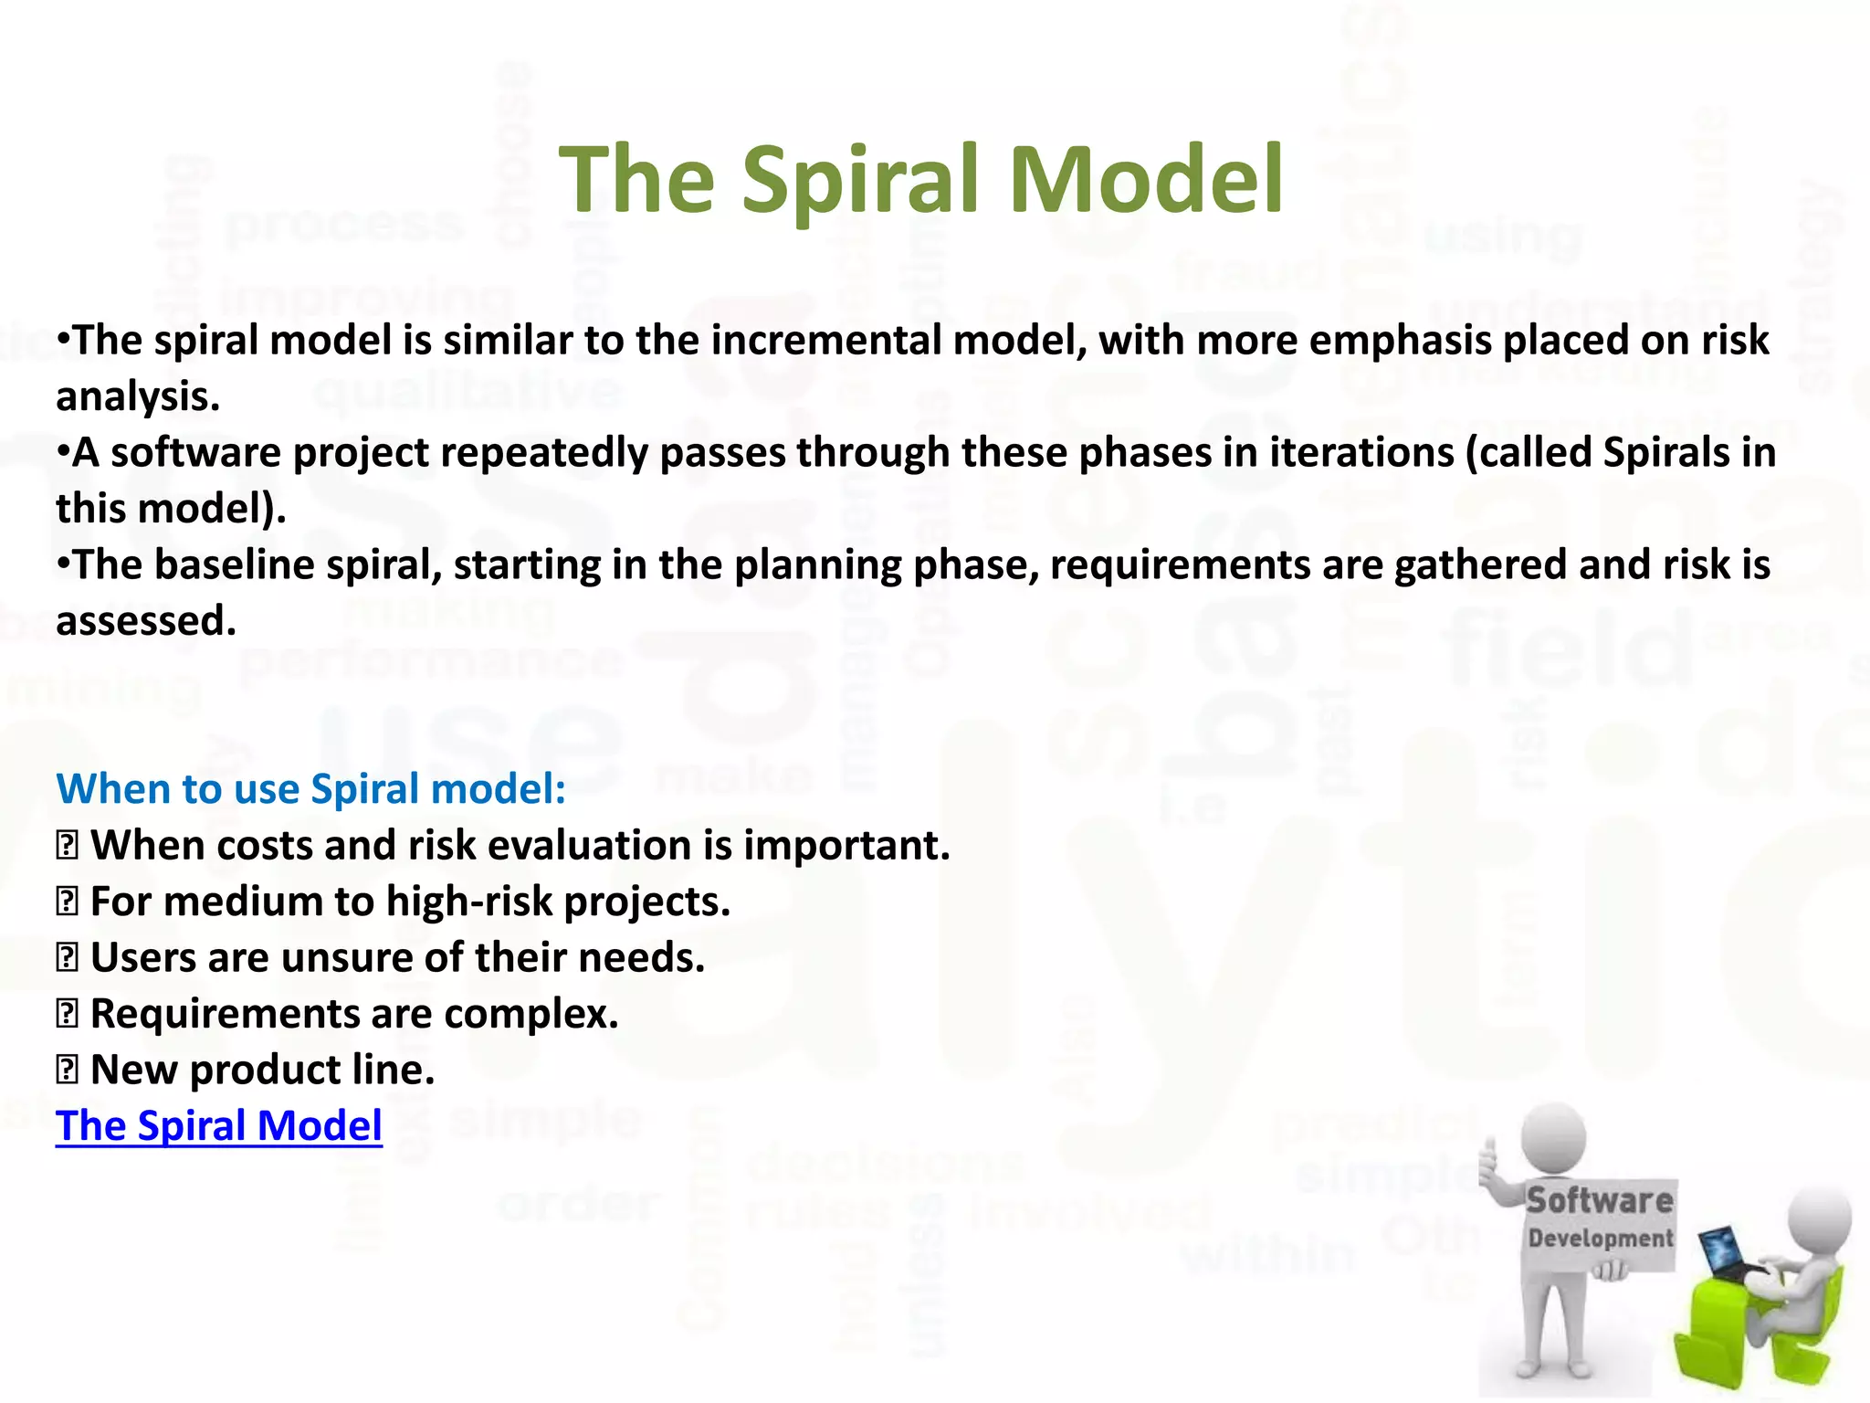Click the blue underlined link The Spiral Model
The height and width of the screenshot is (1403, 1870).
(x=219, y=1125)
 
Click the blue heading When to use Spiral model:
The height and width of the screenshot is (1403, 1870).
(x=311, y=788)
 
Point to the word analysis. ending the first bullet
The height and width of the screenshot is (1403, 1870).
(x=138, y=397)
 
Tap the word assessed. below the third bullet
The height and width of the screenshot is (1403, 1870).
(x=146, y=621)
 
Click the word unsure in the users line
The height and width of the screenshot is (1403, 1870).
(x=347, y=958)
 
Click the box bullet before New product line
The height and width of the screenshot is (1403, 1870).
(x=67, y=1070)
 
